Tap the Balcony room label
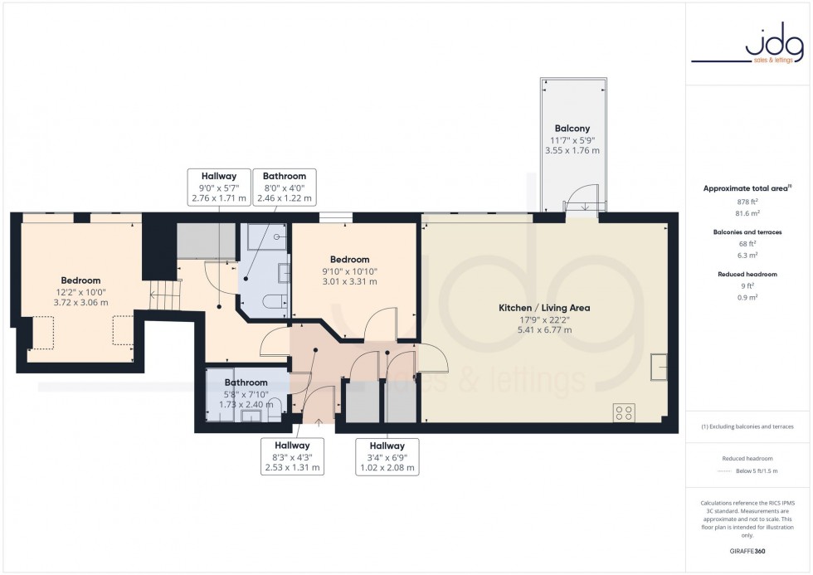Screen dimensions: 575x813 pos(572,129)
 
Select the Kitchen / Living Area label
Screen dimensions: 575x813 pos(543,308)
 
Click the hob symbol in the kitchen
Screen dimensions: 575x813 pos(624,412)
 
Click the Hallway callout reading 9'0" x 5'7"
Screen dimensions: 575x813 pos(219,187)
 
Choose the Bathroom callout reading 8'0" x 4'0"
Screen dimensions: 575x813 pos(285,187)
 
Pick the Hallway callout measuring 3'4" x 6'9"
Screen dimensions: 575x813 pos(387,456)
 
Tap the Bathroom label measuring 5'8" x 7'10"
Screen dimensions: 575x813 pos(246,393)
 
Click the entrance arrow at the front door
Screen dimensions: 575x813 pos(319,421)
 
